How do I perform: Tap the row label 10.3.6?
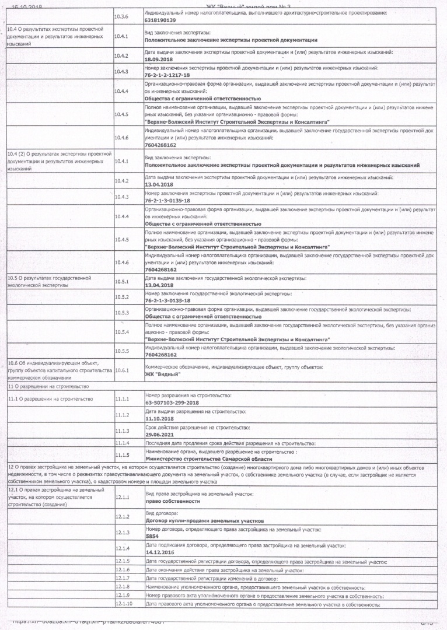click(122, 16)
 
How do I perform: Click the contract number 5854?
click(152, 535)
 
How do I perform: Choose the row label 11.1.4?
click(122, 444)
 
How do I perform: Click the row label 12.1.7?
click(123, 577)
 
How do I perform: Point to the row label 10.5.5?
click(122, 351)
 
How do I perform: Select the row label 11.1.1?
click(122, 399)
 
